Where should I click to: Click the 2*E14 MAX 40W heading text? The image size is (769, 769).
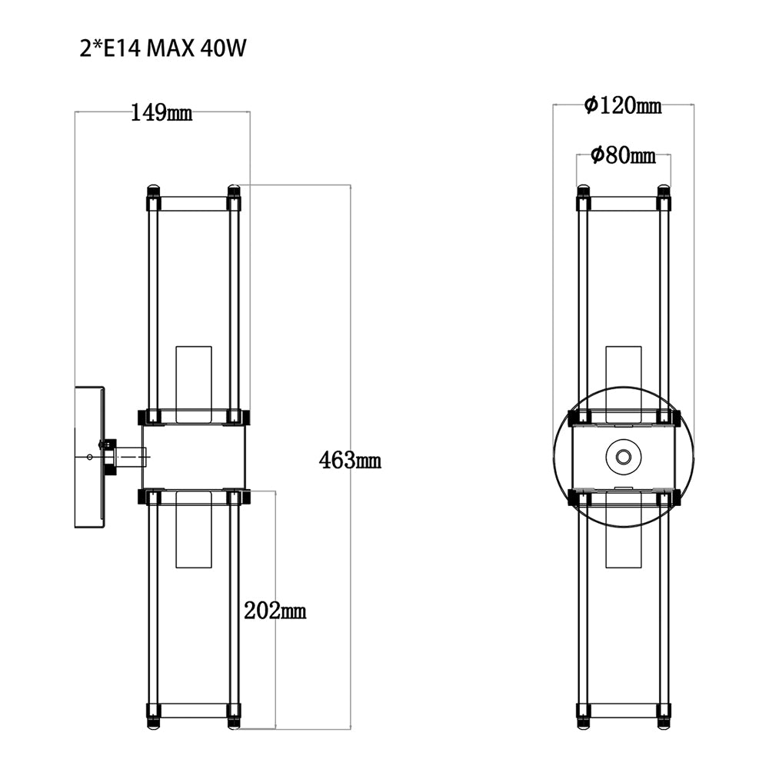[x=162, y=49]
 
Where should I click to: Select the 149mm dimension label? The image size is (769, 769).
[x=161, y=114]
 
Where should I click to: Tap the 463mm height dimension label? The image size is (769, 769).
[x=350, y=461]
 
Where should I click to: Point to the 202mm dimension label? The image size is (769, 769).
[x=275, y=611]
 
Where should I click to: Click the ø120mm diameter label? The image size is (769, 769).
[x=623, y=105]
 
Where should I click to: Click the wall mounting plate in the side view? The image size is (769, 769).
[x=89, y=457]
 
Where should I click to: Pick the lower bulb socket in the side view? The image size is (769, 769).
[x=193, y=531]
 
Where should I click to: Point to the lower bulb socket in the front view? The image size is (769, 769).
[x=623, y=531]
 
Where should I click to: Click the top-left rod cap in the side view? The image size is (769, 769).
[x=153, y=189]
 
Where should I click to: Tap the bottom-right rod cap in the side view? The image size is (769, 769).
[x=234, y=723]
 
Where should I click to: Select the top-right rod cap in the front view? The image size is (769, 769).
[x=664, y=189]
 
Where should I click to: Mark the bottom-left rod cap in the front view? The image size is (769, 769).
[x=582, y=723]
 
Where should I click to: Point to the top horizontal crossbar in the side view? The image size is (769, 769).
[x=193, y=204]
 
